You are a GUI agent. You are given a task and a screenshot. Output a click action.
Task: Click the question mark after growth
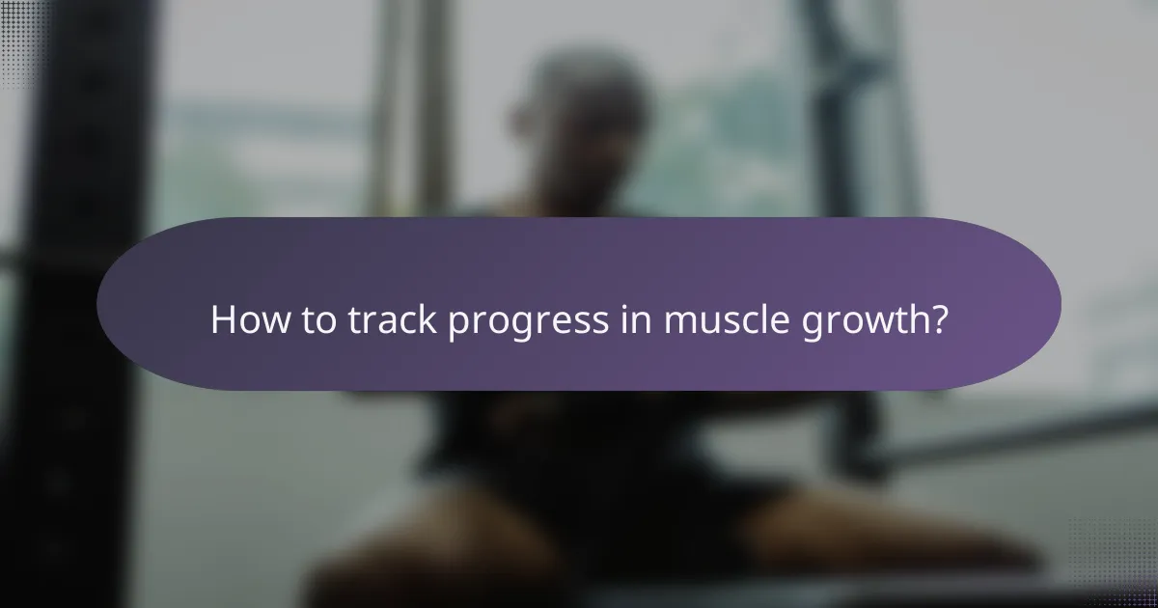click(937, 320)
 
